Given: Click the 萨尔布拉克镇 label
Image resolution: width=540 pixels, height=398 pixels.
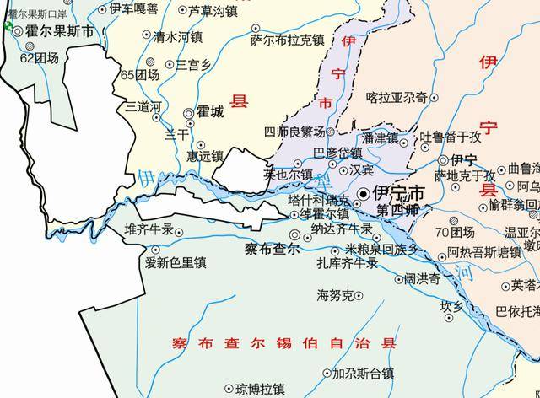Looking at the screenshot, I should point(288,39).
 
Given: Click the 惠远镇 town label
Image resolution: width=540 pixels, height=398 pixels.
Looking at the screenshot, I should point(205,155).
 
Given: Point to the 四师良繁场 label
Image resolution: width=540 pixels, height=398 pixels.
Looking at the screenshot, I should point(294,132).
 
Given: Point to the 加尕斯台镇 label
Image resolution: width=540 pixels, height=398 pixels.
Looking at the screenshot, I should point(363,373).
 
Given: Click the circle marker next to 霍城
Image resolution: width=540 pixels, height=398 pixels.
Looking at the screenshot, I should point(189,112).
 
